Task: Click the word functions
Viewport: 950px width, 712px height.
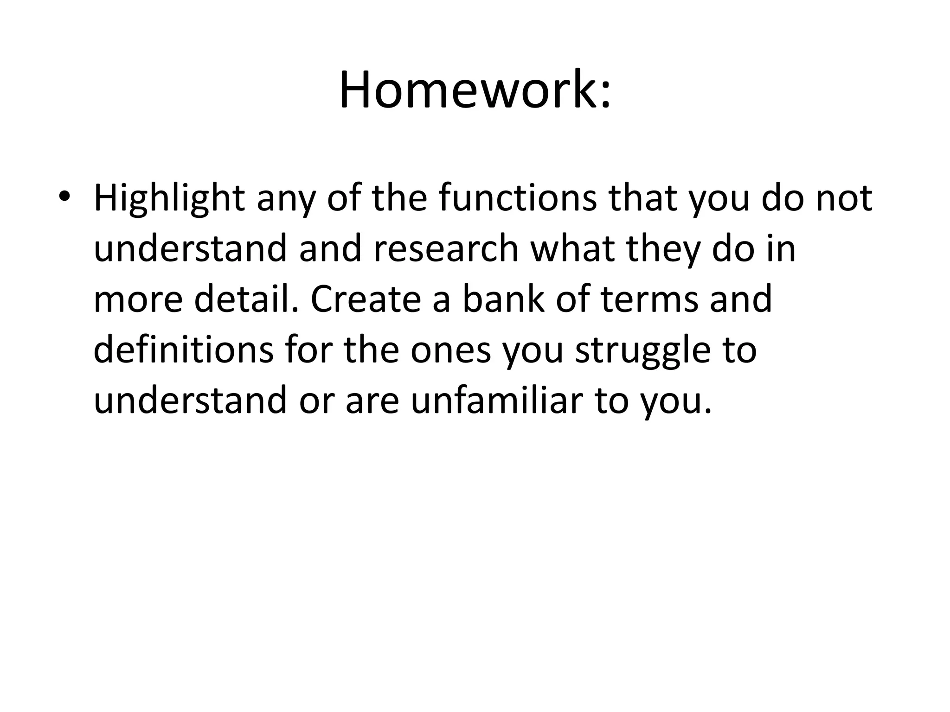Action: point(518,198)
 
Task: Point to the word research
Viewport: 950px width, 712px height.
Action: point(446,248)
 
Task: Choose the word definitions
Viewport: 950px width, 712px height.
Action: point(184,350)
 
